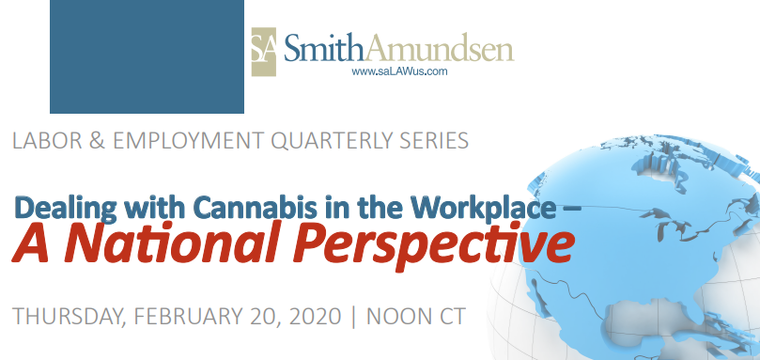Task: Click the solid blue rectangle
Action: (147, 56)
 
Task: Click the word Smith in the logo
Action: (325, 46)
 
